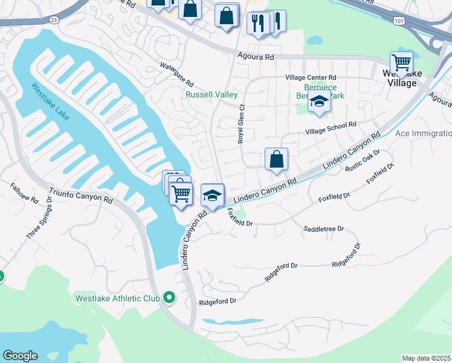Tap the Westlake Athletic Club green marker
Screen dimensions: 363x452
coord(169,298)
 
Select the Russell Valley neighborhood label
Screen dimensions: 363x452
coord(211,95)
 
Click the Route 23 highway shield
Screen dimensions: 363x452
coord(54,20)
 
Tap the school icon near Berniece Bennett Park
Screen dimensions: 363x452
coord(319,103)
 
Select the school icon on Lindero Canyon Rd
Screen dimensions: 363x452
coord(212,195)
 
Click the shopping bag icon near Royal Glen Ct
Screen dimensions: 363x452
coord(276,160)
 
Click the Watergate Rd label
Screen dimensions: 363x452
coord(176,74)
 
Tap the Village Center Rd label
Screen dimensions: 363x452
coord(311,78)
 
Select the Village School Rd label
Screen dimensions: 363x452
coord(331,127)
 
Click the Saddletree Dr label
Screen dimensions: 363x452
coord(323,229)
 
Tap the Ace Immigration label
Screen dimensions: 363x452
coord(423,133)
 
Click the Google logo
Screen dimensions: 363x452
coord(20,356)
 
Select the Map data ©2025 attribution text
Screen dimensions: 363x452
coord(426,358)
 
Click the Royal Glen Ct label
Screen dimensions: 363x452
coord(241,122)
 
